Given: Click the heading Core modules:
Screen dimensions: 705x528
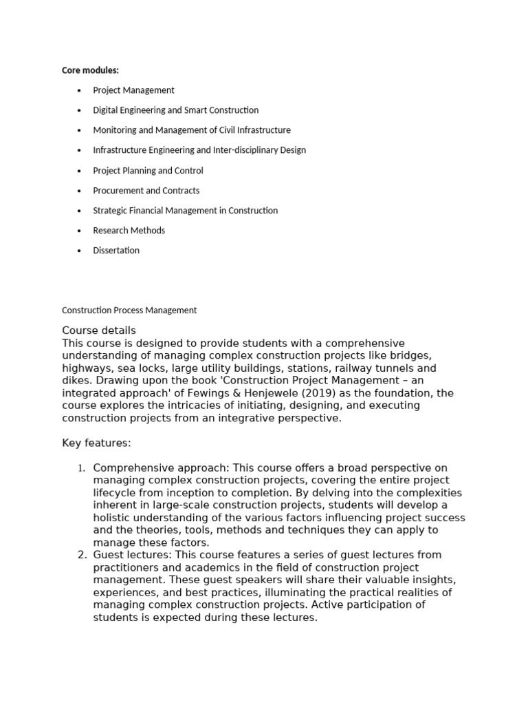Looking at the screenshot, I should click(x=90, y=70).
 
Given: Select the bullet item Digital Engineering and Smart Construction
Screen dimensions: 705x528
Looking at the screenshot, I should click(x=175, y=110).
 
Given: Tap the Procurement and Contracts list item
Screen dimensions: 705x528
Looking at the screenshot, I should click(x=146, y=191).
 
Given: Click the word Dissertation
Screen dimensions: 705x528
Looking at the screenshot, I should click(x=116, y=251).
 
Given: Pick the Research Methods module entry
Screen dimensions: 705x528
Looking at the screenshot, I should click(x=129, y=231).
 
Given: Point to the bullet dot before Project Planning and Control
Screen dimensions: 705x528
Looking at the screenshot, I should click(x=80, y=171).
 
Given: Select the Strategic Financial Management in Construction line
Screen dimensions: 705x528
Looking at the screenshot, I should click(x=185, y=211).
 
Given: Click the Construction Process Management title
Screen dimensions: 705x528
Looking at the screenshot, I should click(x=129, y=311).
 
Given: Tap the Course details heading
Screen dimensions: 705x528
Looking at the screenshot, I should click(x=99, y=330).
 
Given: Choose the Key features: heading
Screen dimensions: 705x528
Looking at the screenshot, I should click(x=96, y=443).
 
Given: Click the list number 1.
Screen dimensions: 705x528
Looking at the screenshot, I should click(x=80, y=469).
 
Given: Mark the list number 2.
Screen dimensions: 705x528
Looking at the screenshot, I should click(x=80, y=555).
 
